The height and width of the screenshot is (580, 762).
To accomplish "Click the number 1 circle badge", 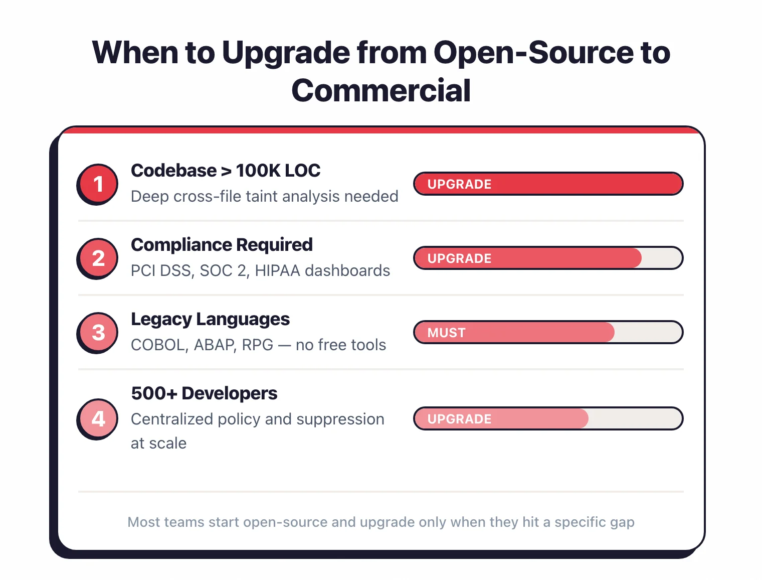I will [98, 184].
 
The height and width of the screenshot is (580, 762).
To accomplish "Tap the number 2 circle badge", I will [98, 258].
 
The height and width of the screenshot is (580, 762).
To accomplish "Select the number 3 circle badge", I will [98, 332].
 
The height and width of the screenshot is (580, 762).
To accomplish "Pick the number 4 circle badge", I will [98, 418].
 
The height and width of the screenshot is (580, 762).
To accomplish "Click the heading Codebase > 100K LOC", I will [225, 171].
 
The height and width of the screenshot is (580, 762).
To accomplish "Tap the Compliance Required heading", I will [222, 245].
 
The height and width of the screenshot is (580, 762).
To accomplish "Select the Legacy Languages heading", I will [210, 319].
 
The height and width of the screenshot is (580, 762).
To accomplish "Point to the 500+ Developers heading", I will [204, 393].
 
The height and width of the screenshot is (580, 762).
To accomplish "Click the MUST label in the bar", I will [446, 333].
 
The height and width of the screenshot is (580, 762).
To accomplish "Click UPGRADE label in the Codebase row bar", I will [459, 184].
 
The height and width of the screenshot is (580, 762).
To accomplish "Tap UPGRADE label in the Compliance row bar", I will [459, 258].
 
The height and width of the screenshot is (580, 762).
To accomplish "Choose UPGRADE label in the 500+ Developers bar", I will [459, 419].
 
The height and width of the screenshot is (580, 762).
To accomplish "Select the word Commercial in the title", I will [381, 91].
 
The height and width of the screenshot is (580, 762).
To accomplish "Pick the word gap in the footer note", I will [622, 522].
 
